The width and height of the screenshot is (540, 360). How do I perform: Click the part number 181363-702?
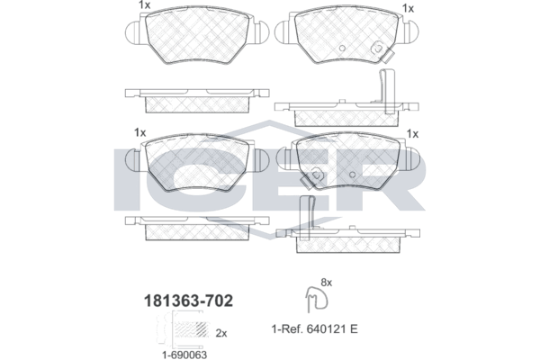(188, 301)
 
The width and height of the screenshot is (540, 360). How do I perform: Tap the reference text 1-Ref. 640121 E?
(315, 329)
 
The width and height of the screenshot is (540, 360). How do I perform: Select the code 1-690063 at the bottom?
(184, 355)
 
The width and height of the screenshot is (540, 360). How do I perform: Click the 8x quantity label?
(326, 283)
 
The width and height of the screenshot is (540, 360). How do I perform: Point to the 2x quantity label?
(221, 333)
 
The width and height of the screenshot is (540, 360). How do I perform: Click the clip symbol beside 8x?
(317, 299)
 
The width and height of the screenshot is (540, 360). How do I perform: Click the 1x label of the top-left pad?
(144, 4)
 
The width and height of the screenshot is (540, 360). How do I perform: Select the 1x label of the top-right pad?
(408, 8)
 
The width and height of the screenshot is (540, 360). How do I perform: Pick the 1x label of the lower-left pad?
(140, 132)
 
